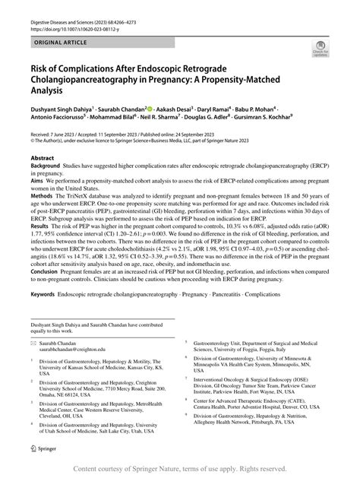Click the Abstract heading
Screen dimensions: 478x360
pos(43,158)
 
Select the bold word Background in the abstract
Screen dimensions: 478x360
pos(48,166)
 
